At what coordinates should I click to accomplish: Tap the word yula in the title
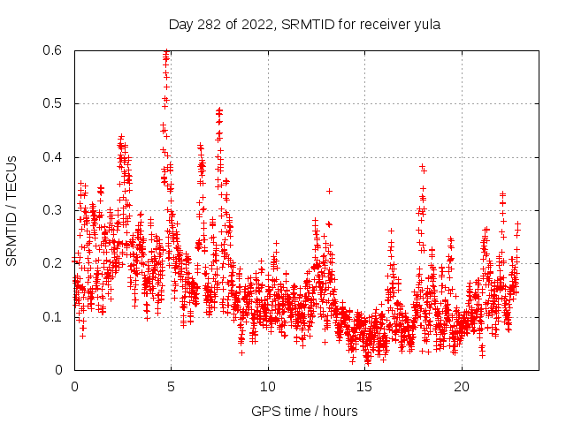[425, 24]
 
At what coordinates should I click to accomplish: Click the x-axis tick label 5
[171, 387]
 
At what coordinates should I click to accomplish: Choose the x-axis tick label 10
[268, 387]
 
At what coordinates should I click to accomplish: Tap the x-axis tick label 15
[365, 387]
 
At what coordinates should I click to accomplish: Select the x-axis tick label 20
[462, 387]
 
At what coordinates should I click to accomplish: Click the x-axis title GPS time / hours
[304, 411]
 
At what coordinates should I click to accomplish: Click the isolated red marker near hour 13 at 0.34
[329, 191]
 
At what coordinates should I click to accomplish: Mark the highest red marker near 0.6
[165, 52]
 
